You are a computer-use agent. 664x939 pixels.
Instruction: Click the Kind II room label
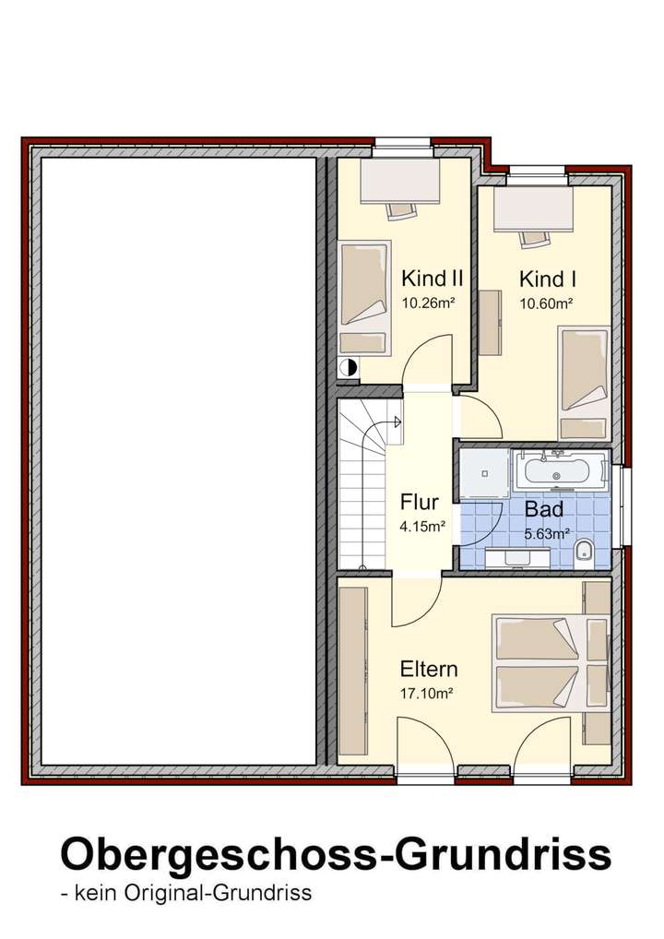(432, 279)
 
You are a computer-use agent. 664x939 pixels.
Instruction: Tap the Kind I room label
(548, 279)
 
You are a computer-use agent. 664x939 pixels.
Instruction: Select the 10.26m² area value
(430, 302)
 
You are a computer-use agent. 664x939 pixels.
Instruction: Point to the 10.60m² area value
(546, 302)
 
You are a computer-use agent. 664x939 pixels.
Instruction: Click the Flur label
(419, 504)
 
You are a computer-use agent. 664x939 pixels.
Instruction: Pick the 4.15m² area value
(422, 528)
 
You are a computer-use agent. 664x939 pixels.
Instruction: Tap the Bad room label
(544, 509)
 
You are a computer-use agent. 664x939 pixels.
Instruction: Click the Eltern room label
(429, 669)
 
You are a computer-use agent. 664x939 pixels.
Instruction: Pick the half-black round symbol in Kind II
(348, 367)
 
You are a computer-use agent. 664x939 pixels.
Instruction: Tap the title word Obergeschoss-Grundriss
(336, 855)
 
